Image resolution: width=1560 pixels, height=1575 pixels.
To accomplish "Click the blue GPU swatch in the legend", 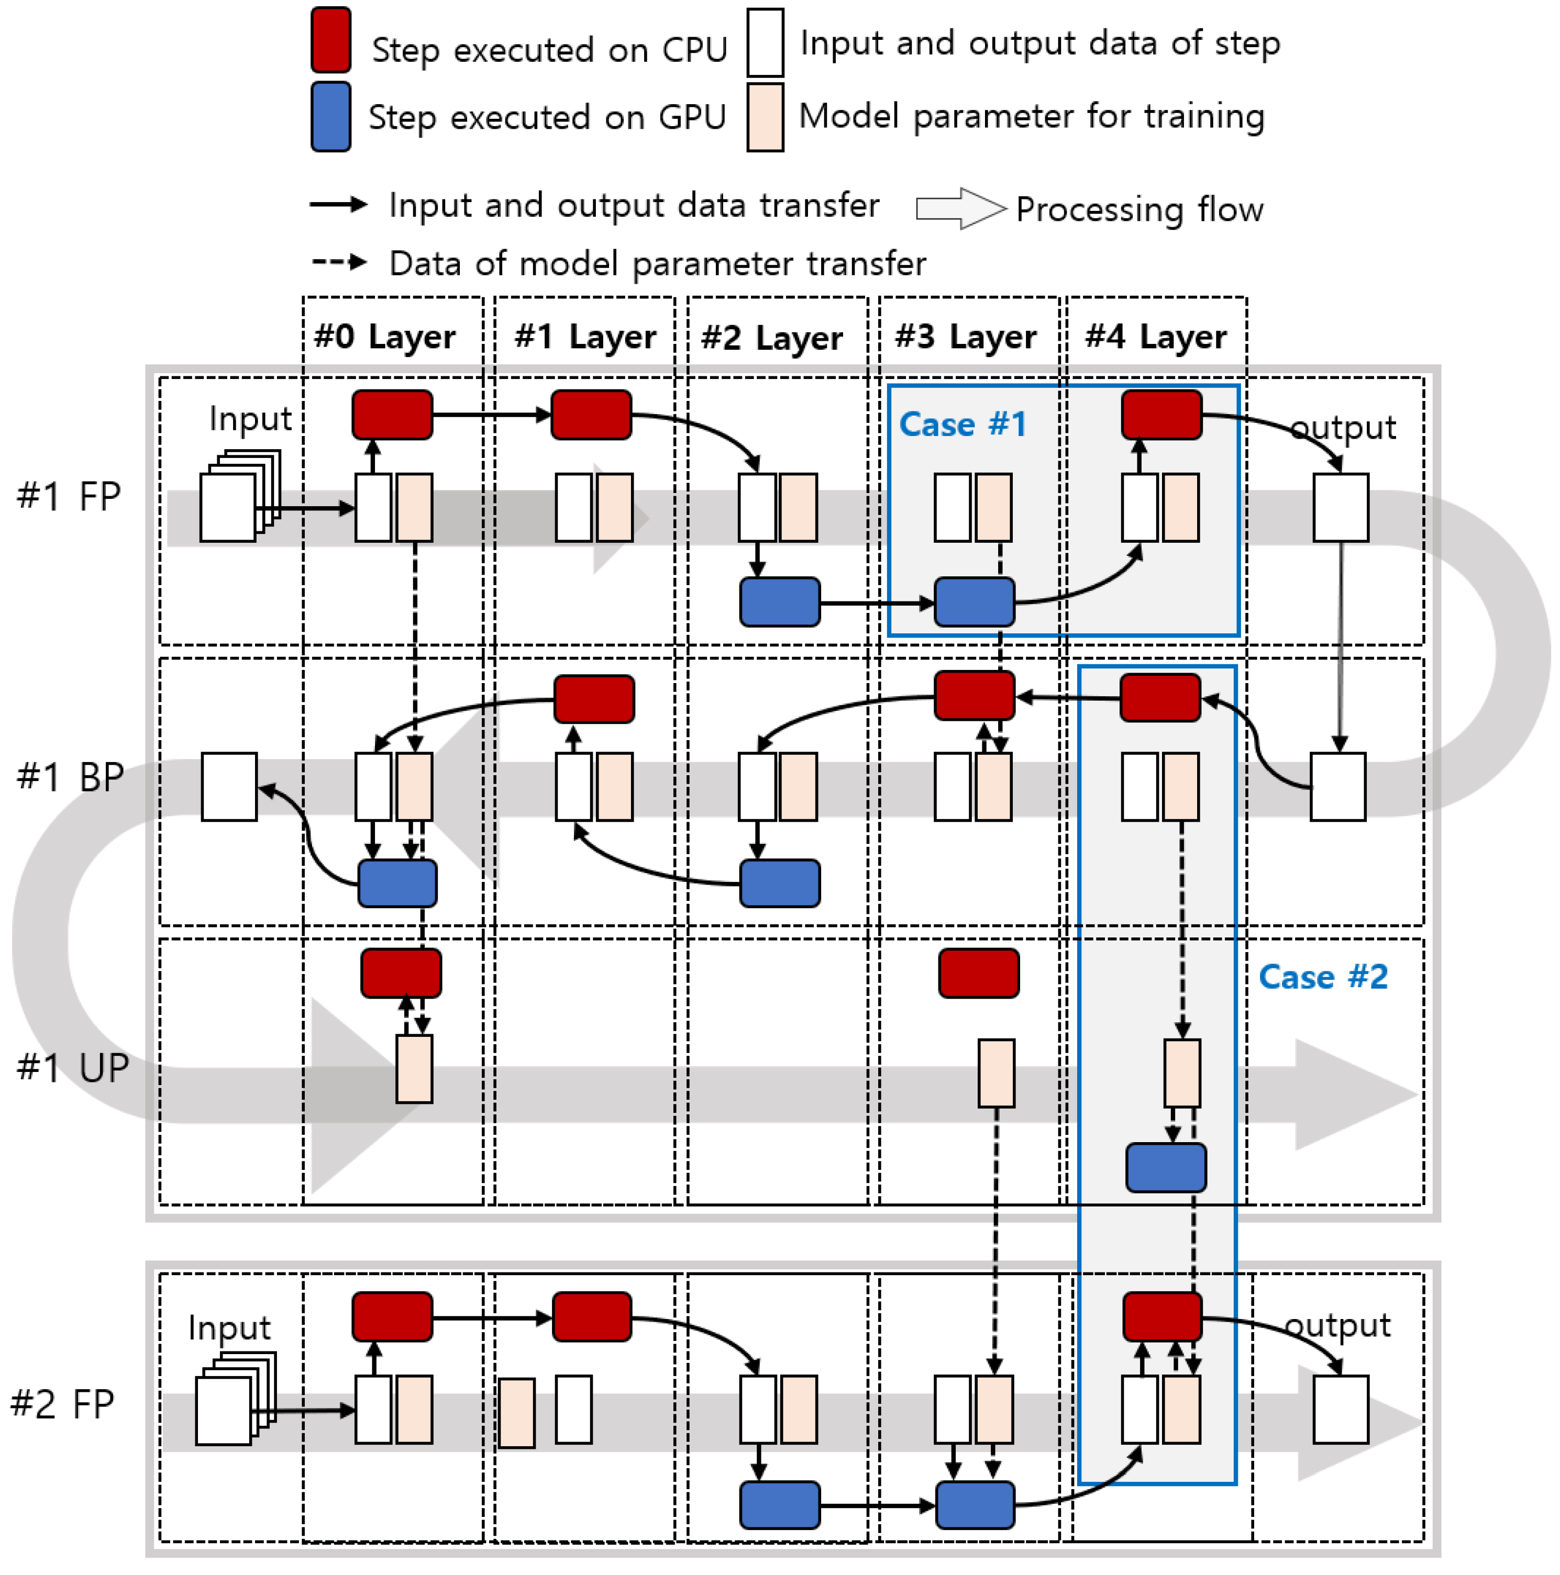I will pyautogui.click(x=330, y=117).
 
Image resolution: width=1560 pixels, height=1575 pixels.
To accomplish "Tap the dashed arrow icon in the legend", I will pyautogui.click(x=338, y=263).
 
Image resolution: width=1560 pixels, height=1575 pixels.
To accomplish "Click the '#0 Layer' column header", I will pyautogui.click(x=384, y=336).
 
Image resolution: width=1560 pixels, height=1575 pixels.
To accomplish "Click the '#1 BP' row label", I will pyautogui.click(x=70, y=777).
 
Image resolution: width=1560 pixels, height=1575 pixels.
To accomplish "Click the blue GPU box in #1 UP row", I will pyautogui.click(x=1165, y=1167).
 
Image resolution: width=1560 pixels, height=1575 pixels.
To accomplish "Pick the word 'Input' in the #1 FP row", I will pyautogui.click(x=250, y=418).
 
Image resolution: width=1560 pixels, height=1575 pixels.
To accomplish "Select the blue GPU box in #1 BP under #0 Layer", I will pyautogui.click(x=397, y=883).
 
